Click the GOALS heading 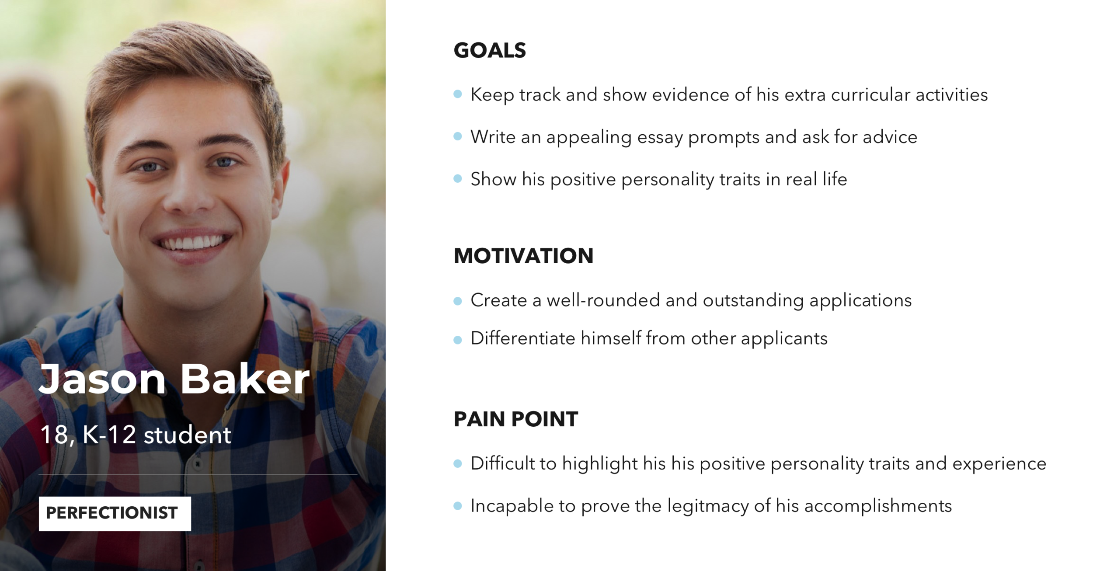pos(490,50)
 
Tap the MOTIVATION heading pos(523,256)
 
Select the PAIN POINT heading pos(516,419)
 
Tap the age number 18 pos(54,435)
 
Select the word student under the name pos(187,435)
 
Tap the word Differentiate pos(522,338)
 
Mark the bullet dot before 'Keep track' pos(458,94)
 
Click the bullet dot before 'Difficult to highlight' pos(458,463)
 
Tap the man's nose pos(189,197)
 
